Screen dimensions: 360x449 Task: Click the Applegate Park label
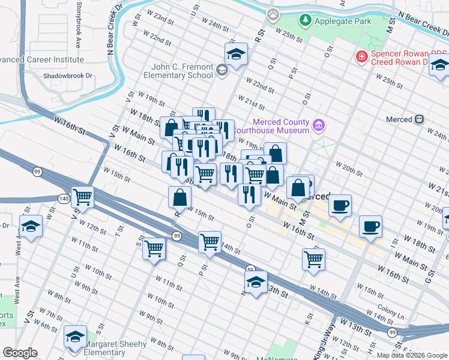pos(344,21)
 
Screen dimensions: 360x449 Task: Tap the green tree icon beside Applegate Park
pos(306,20)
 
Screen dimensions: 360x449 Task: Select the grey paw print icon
pos(274,13)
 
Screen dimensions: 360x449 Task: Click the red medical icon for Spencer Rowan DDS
pos(362,57)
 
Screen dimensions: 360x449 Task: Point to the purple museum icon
pos(319,125)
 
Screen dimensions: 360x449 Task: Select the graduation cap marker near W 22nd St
pos(237,55)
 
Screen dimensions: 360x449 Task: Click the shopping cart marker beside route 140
pos(82,196)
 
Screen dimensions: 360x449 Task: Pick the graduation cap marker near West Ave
pos(31,227)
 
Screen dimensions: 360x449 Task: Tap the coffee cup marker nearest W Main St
pos(340,206)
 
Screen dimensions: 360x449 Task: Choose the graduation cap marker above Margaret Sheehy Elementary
pos(75,337)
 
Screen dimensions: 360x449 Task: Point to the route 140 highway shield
pos(64,197)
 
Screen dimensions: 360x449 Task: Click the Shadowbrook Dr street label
pos(67,76)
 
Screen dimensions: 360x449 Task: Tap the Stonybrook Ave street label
pos(78,35)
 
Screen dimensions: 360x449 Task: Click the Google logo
pos(20,353)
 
